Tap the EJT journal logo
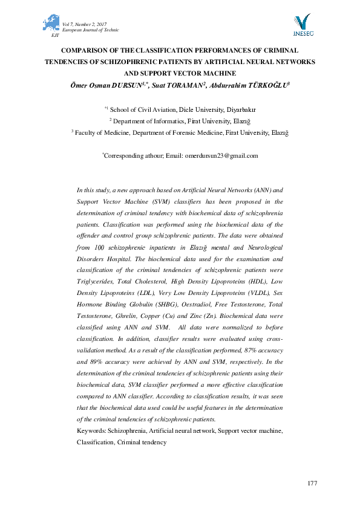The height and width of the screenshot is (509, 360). [x=51, y=25]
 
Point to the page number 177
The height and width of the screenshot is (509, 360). [x=312, y=483]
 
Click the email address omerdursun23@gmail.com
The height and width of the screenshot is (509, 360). [x=221, y=155]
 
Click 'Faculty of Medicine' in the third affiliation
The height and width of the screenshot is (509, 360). [x=102, y=131]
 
